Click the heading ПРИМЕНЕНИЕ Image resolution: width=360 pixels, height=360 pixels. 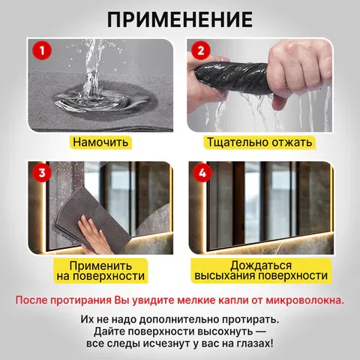point(180,19)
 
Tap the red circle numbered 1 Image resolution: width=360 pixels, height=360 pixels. point(42,50)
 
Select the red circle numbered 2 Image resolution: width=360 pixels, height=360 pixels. point(201,50)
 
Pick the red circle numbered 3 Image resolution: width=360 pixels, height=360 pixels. point(42,172)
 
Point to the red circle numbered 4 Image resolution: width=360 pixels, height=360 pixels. point(202,172)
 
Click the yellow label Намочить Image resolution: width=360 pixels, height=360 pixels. point(100,142)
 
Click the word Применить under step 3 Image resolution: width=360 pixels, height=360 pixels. point(100,265)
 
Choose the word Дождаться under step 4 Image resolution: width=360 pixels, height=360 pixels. point(261,265)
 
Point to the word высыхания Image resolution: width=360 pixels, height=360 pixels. point(225,276)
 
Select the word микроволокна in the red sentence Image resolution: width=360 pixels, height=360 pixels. point(304,300)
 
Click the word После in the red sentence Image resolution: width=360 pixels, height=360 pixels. point(31,300)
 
